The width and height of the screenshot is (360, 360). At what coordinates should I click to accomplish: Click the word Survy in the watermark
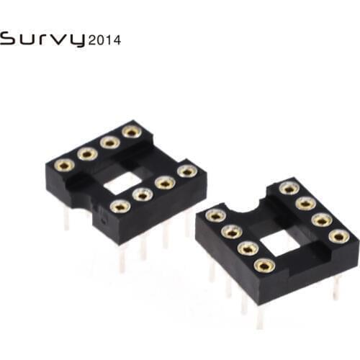point(43,39)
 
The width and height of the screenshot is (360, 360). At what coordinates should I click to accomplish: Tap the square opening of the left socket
point(122,185)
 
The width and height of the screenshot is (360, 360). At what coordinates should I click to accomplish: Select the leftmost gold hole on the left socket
point(64,165)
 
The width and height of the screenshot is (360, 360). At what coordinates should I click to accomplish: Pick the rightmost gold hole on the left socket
point(187,171)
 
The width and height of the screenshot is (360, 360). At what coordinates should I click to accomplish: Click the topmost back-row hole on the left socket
point(130,131)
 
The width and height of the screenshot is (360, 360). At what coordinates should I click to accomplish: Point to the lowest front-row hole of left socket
point(120,207)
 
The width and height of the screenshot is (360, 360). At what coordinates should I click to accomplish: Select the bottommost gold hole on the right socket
point(265,265)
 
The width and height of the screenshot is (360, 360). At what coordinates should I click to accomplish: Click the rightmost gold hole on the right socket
point(339,235)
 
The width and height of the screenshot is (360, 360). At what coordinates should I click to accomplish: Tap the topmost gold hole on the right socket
point(289,188)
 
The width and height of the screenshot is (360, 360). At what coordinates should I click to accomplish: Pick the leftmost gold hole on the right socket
point(215,215)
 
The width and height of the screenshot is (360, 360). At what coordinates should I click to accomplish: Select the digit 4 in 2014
point(117,40)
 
